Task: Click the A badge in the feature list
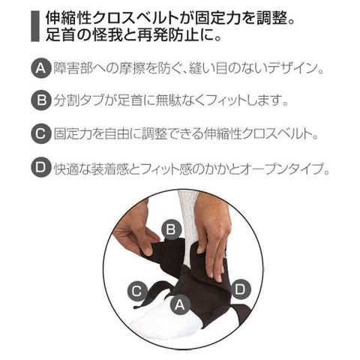41,68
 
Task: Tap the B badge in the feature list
41,100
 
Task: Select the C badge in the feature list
41,134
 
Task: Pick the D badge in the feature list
41,167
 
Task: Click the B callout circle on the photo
171,229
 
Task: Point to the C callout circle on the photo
137,291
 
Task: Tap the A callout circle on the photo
180,304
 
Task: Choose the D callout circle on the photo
241,289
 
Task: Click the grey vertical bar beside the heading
35,26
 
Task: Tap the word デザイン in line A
292,68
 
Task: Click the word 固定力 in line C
73,134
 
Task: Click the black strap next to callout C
155,293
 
